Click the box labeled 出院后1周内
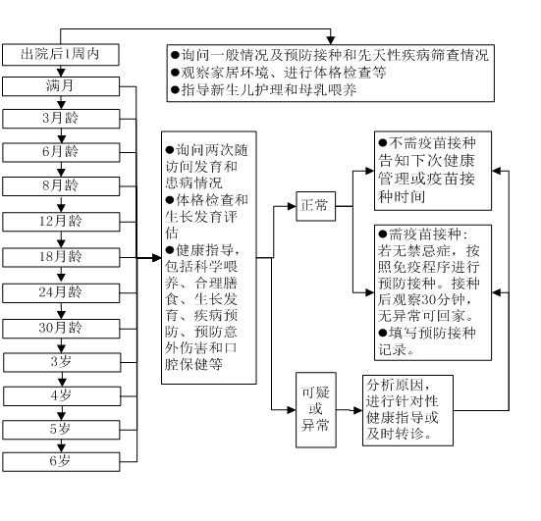click(61, 53)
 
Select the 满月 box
click(61, 86)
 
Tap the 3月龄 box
click(61, 120)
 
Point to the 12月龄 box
click(61, 222)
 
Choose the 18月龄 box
click(61, 256)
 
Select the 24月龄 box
click(61, 291)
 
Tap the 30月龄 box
click(61, 327)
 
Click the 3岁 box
click(61, 361)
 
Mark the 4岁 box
click(61, 395)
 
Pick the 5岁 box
click(61, 430)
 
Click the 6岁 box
click(61, 463)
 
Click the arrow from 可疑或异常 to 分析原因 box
click(351, 407)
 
